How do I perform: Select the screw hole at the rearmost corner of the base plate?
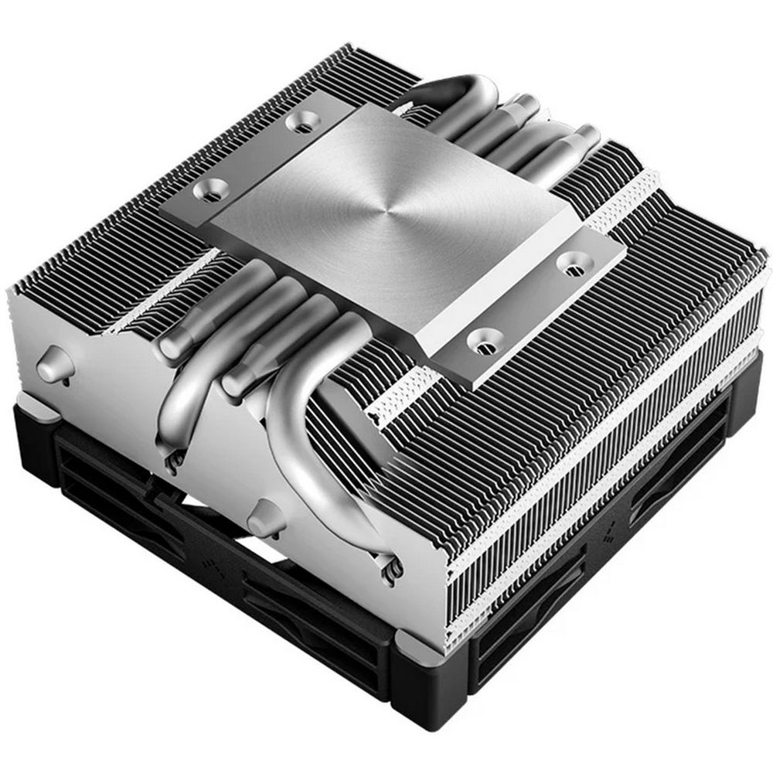click(295, 122)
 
